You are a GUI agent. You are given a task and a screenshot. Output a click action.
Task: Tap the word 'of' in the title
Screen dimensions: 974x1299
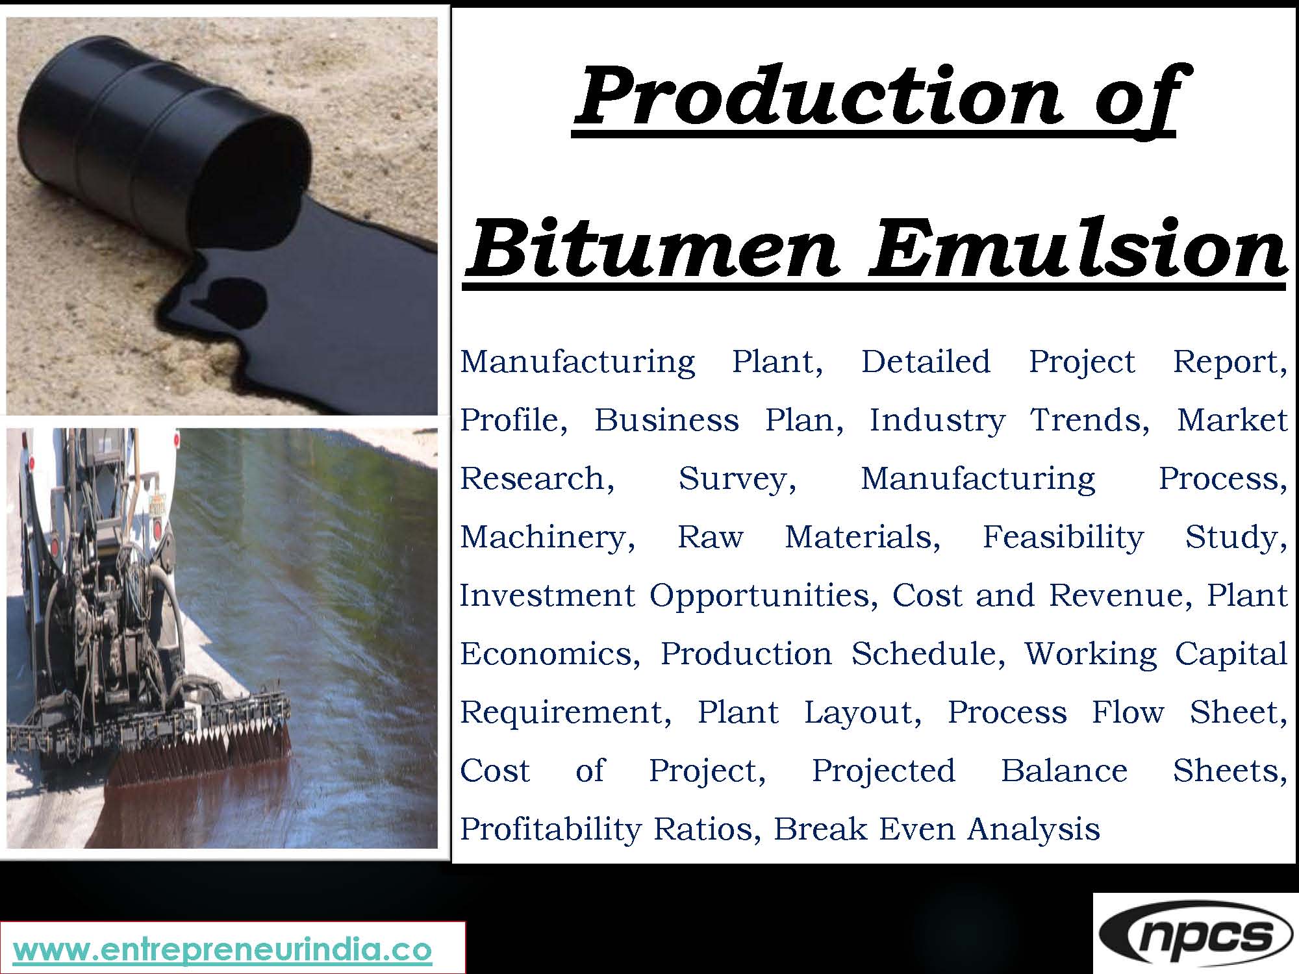click(1133, 97)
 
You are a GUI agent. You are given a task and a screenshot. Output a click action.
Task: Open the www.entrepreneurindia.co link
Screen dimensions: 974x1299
click(223, 950)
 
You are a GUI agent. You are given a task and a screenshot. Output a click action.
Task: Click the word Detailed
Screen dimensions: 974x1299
click(926, 362)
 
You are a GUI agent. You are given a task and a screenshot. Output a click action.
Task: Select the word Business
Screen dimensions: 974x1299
click(666, 420)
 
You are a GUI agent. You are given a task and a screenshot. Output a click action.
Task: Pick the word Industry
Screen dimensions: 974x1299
click(937, 421)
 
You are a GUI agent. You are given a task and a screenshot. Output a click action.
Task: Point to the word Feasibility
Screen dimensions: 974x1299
click(1063, 537)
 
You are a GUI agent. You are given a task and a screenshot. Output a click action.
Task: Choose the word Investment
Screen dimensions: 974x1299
click(547, 595)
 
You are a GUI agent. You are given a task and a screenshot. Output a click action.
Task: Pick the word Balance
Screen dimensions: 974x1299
click(1064, 771)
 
